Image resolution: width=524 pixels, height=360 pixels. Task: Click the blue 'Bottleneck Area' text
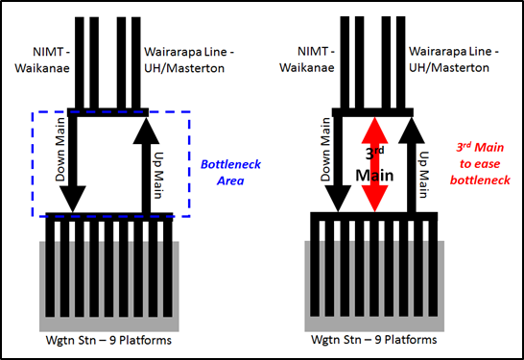[223, 170]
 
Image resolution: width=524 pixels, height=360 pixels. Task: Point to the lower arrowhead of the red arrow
[373, 203]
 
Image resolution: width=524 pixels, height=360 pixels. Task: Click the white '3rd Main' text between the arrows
[373, 163]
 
